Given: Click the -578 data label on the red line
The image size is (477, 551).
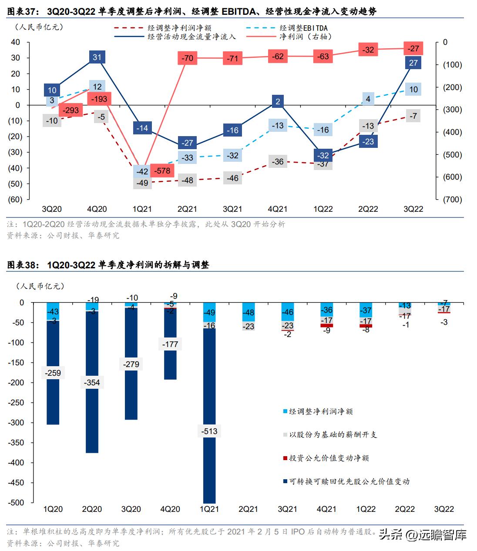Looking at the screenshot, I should [x=162, y=171].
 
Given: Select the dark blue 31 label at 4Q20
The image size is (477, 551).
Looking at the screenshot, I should [x=97, y=57].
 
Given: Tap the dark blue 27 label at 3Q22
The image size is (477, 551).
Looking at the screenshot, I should [x=413, y=63].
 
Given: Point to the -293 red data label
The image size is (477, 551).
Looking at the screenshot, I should [x=71, y=110].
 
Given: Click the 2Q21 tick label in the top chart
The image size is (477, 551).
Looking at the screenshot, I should [x=187, y=209].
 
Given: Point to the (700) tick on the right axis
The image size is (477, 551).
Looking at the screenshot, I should [x=452, y=200].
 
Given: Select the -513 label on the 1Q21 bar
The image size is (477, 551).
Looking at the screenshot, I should [x=209, y=431].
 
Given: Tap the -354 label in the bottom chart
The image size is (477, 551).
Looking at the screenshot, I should [x=92, y=382].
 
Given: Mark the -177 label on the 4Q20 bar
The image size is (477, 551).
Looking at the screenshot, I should [x=170, y=344].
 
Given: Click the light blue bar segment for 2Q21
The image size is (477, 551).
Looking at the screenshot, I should [x=248, y=312].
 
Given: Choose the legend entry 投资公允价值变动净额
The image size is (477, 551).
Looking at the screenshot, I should [x=329, y=458].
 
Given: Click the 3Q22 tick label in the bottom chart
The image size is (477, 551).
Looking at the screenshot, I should [x=443, y=509].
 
